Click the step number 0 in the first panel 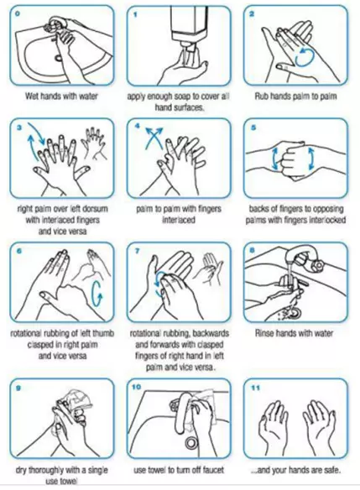point(18,14)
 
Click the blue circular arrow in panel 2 point(304,57)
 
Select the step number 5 point(253,128)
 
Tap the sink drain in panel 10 point(190,442)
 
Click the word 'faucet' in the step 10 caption point(212,470)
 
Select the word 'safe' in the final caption point(331,470)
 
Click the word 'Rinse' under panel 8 point(265,333)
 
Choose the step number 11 point(255,388)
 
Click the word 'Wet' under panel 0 point(32,96)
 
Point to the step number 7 point(137,252)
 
